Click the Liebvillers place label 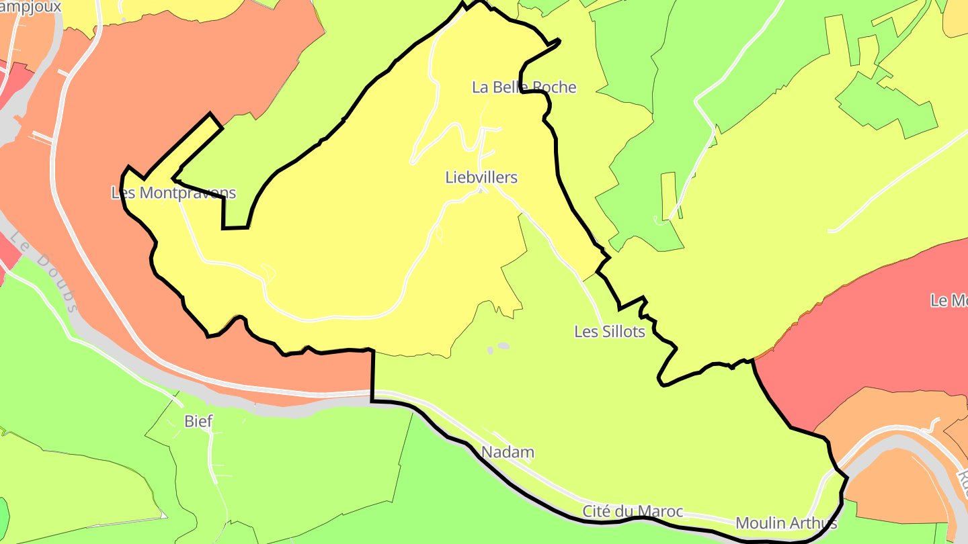[481, 177]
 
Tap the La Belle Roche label [524, 87]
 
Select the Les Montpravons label [173, 193]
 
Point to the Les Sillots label [609, 332]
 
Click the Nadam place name [508, 453]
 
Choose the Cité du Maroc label [632, 512]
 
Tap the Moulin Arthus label [786, 523]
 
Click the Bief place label [198, 422]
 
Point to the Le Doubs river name [44, 272]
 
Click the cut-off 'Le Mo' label [949, 301]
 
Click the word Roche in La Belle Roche [554, 87]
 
